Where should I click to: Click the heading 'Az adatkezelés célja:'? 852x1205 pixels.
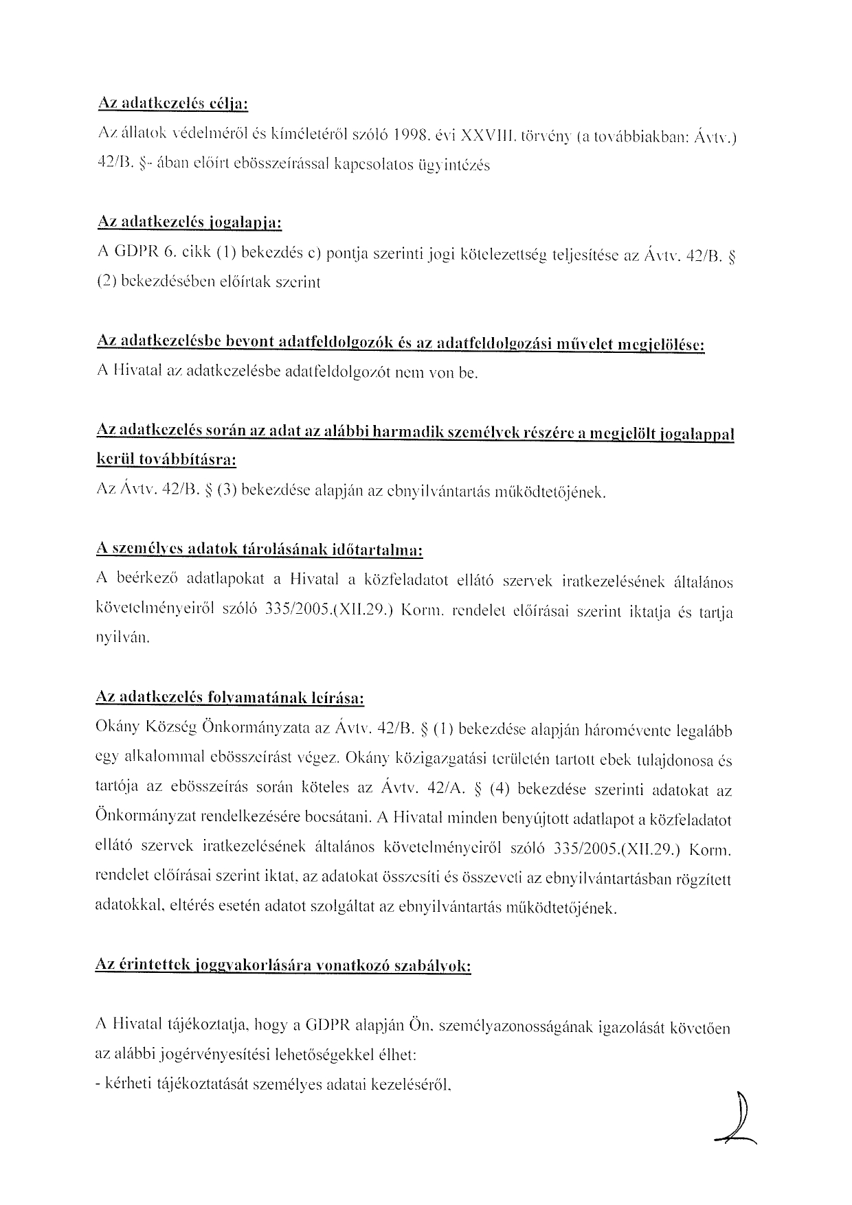click(172, 104)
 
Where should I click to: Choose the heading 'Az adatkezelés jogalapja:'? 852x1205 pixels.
click(190, 223)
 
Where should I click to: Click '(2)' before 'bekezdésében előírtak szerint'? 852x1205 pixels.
click(106, 282)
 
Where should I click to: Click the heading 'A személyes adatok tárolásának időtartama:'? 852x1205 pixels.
click(259, 551)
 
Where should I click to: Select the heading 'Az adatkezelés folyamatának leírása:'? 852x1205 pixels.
click(229, 698)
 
